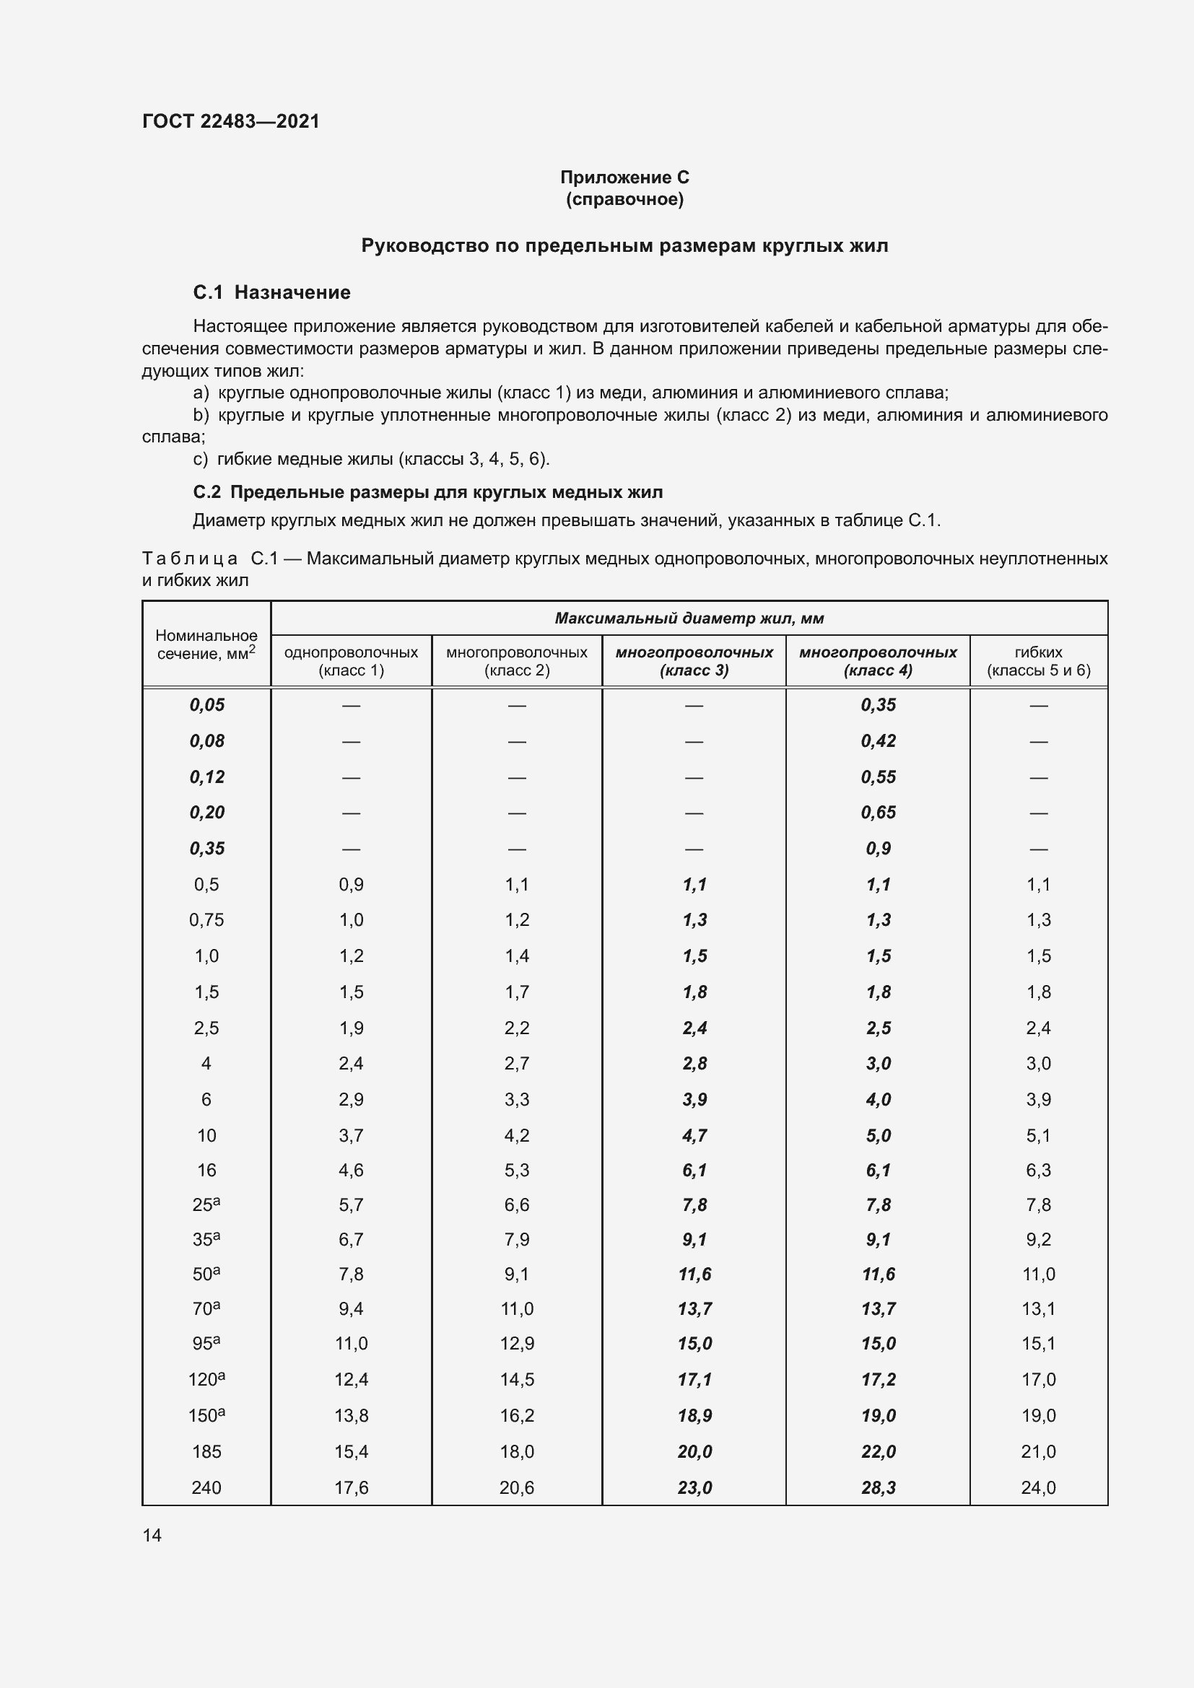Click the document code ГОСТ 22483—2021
pyautogui.click(x=231, y=121)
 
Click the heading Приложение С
pyautogui.click(x=624, y=178)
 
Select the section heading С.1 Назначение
pyautogui.click(x=271, y=292)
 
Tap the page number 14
pyautogui.click(x=152, y=1535)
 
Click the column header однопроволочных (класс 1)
pyautogui.click(x=351, y=661)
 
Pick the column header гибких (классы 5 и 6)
pyautogui.click(x=1038, y=661)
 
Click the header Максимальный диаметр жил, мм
pyautogui.click(x=689, y=618)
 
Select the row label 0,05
pyautogui.click(x=206, y=705)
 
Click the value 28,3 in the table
pyautogui.click(x=878, y=1487)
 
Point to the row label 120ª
pyautogui.click(x=206, y=1379)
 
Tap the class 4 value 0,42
pyautogui.click(x=878, y=741)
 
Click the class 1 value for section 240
pyautogui.click(x=351, y=1487)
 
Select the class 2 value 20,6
pyautogui.click(x=516, y=1487)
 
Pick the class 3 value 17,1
pyautogui.click(x=694, y=1379)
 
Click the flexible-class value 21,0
pyautogui.click(x=1038, y=1451)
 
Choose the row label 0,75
pyautogui.click(x=206, y=919)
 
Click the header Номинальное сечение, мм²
pyautogui.click(x=206, y=644)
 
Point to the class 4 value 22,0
pyautogui.click(x=878, y=1451)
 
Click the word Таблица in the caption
pyautogui.click(x=190, y=559)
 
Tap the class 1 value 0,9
pyautogui.click(x=351, y=885)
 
